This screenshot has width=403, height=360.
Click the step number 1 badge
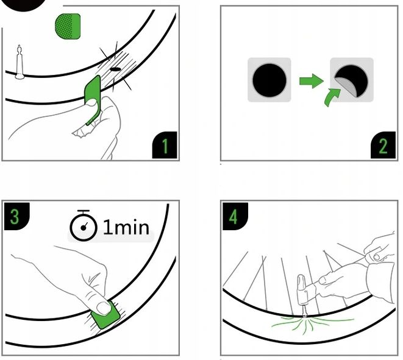165,147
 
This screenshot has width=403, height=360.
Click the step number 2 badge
383,147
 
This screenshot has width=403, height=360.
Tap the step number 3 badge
15,217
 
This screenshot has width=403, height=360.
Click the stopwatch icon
84,227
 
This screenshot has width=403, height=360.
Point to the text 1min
126,227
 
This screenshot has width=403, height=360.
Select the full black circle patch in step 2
269,80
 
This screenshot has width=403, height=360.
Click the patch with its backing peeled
351,79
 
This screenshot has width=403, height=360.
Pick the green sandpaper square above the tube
68,26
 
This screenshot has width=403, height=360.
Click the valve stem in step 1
20,61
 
